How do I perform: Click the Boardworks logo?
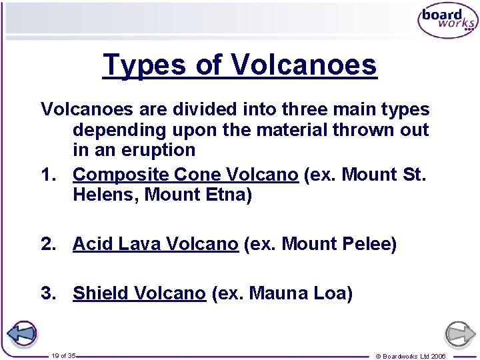click(447, 21)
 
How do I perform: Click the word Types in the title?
click(143, 65)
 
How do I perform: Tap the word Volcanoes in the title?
click(304, 65)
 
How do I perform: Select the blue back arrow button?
click(21, 333)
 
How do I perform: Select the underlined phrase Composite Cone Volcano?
click(185, 175)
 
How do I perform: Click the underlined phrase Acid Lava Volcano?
click(155, 245)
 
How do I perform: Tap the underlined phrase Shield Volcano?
click(139, 293)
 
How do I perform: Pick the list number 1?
click(47, 175)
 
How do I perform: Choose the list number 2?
click(47, 245)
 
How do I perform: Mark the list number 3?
click(47, 293)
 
